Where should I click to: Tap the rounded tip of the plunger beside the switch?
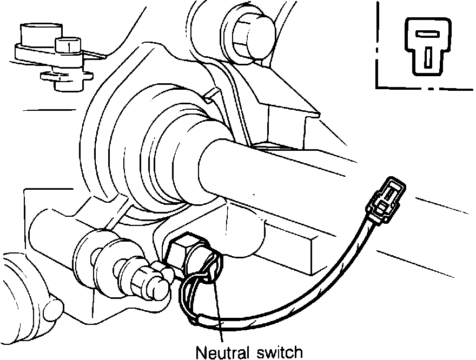[157, 287]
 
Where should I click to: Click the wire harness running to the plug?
[325, 281]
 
